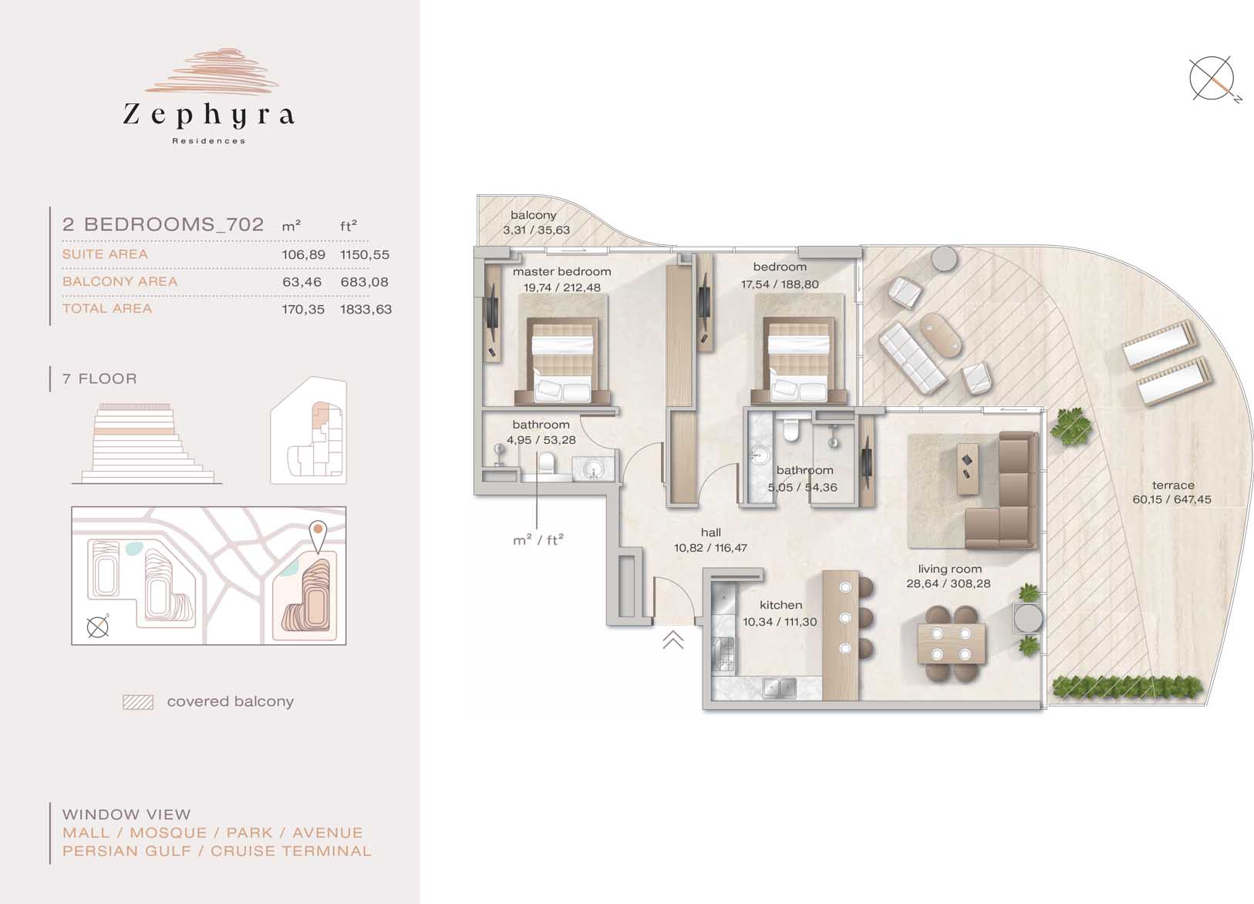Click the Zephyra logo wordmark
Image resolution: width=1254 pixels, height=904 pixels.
pyautogui.click(x=209, y=116)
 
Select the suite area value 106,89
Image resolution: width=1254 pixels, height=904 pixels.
pyautogui.click(x=303, y=254)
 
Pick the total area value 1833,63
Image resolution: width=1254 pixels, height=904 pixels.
pyautogui.click(x=366, y=309)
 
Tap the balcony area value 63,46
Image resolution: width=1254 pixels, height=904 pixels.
pyautogui.click(x=302, y=282)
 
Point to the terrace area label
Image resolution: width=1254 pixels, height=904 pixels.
pyautogui.click(x=1172, y=492)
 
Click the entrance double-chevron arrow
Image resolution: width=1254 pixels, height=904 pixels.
pyautogui.click(x=673, y=640)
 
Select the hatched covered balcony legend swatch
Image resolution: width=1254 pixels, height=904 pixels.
pyautogui.click(x=138, y=702)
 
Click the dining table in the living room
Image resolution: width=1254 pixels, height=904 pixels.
pyautogui.click(x=951, y=644)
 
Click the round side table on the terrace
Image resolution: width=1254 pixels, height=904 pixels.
pyautogui.click(x=946, y=258)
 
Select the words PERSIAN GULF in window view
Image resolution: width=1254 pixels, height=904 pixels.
pyautogui.click(x=126, y=851)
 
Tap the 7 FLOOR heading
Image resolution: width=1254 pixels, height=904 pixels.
pyautogui.click(x=99, y=378)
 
